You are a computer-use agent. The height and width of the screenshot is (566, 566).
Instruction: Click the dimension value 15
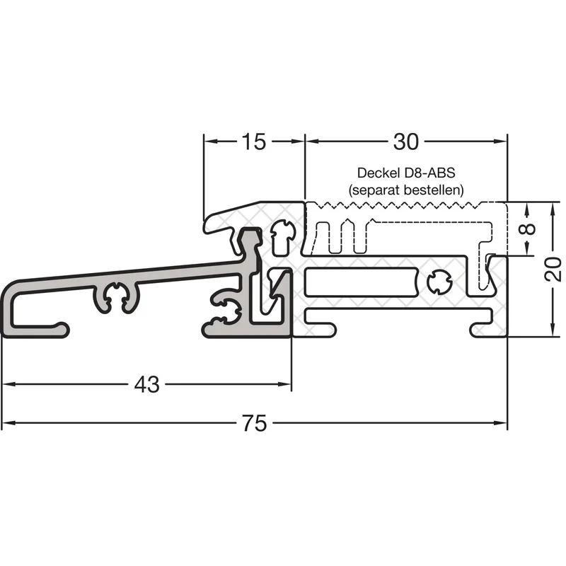pos(254,141)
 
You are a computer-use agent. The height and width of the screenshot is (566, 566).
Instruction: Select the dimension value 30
pos(405,141)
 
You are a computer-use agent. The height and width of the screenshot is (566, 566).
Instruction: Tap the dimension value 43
pos(146,384)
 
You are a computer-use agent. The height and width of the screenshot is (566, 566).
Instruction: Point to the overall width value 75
pos(255,423)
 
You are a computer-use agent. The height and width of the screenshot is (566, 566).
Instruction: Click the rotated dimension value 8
pos(529,229)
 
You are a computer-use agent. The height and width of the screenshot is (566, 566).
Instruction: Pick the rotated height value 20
pos(553,270)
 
